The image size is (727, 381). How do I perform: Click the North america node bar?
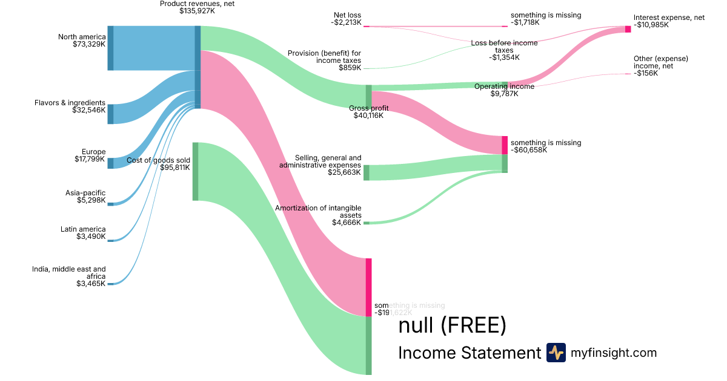tap(110, 48)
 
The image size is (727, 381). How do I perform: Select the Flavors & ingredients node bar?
tap(110, 114)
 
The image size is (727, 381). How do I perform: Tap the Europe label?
tap(94, 152)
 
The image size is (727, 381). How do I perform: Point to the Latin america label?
tap(83, 229)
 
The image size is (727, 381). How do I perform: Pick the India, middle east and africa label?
tap(69, 273)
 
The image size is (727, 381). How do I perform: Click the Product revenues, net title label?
tap(198, 4)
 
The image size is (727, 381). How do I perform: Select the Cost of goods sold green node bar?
tap(195, 171)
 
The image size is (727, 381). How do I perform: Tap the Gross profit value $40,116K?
tap(368, 116)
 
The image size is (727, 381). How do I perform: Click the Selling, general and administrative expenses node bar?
tap(367, 172)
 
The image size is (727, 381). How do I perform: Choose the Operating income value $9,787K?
tap(504, 94)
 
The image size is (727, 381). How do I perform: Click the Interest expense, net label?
tap(669, 18)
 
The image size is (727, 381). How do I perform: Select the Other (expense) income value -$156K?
tap(646, 73)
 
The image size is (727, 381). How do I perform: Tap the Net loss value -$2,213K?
tap(346, 23)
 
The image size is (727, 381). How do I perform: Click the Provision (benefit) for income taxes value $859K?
tap(350, 68)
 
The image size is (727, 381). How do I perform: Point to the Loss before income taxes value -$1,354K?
tap(504, 57)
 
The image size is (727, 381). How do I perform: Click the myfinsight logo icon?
tap(556, 353)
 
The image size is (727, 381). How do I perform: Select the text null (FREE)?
tap(451, 326)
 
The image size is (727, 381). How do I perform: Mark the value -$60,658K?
tap(529, 150)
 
